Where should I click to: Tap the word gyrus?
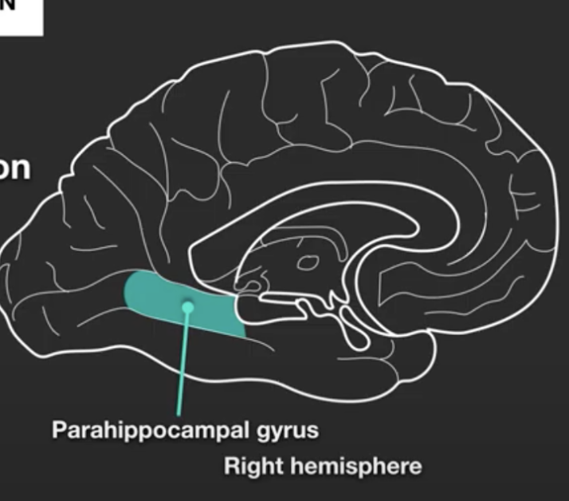click(x=288, y=432)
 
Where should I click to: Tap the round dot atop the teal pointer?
click(x=188, y=304)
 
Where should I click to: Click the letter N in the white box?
click(x=10, y=4)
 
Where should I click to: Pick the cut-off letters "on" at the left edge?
click(x=14, y=169)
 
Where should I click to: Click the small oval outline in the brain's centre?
click(x=307, y=260)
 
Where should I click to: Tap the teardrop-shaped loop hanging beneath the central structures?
click(x=351, y=328)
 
